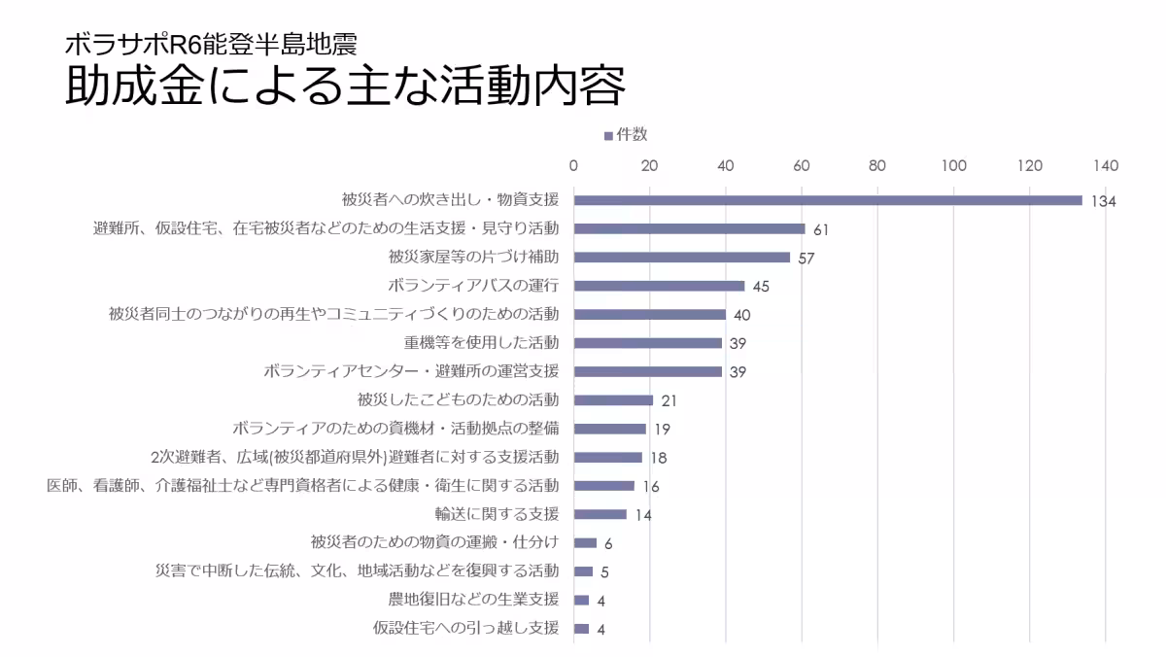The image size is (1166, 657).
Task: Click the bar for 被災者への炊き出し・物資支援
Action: (828, 200)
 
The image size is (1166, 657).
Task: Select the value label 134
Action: (1103, 202)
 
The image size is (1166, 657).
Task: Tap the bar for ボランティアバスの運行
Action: (659, 286)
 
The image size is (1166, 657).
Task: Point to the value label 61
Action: (820, 230)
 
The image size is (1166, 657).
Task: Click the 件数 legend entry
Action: (626, 135)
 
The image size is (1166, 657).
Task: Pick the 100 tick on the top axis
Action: (953, 165)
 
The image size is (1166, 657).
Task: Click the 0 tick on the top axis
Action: (573, 165)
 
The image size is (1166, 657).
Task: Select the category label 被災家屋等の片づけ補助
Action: (473, 258)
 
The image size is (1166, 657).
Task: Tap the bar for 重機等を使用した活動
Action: (647, 343)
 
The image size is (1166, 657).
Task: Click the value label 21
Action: (669, 401)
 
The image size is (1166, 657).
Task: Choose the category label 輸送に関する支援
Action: (497, 514)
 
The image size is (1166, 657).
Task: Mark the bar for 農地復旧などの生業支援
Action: (581, 600)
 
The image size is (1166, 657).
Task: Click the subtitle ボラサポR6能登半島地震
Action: (212, 44)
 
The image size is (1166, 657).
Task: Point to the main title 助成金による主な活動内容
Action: (344, 86)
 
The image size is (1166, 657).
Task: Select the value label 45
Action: (761, 288)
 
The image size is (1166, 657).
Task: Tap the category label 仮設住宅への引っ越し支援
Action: (465, 628)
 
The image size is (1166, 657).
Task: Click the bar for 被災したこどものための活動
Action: (613, 399)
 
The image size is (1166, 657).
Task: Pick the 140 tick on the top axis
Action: (1105, 165)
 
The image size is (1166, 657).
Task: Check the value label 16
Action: (651, 487)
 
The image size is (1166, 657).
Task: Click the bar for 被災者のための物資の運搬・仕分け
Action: (585, 542)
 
